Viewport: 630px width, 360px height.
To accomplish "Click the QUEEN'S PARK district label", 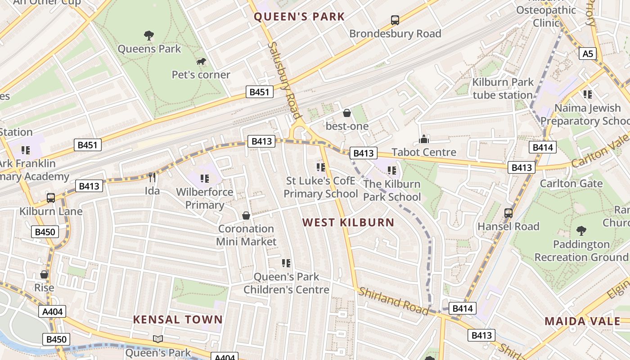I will click(x=299, y=17).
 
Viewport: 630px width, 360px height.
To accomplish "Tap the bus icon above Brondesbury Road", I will click(x=395, y=20).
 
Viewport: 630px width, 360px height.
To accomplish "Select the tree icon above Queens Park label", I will click(x=149, y=35).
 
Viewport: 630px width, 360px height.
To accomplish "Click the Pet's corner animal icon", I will click(x=201, y=61).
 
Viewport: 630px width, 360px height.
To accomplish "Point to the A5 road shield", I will click(x=588, y=54).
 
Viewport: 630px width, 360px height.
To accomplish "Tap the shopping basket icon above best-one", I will click(x=347, y=113).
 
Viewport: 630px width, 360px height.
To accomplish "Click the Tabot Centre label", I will click(x=424, y=152).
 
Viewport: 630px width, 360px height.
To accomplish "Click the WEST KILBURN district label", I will click(x=348, y=222).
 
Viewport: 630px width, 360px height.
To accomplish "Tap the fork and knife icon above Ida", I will click(x=152, y=177).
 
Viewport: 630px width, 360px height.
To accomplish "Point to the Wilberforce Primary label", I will click(x=205, y=198).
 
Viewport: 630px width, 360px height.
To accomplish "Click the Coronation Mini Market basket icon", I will click(x=246, y=216).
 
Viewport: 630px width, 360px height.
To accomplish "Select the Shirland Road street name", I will click(x=393, y=301).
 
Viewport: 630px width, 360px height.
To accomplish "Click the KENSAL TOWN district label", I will click(x=178, y=320).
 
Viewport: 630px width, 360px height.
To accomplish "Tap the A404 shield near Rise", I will click(x=54, y=311).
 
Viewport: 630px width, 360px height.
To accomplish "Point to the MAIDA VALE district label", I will click(x=582, y=321).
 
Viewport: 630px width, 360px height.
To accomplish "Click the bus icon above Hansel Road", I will click(x=508, y=213).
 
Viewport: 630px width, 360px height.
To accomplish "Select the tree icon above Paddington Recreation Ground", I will click(x=581, y=231).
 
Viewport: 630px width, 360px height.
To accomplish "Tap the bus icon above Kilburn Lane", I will click(x=51, y=198).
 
